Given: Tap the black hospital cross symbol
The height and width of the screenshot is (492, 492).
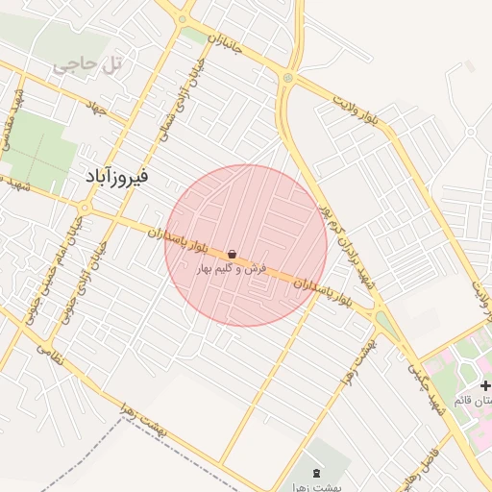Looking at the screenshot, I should point(483,385).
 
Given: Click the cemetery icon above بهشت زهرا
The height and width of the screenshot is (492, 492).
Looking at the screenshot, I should point(318,472).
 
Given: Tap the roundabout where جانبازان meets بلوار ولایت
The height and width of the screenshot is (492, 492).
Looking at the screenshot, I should point(287,78).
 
